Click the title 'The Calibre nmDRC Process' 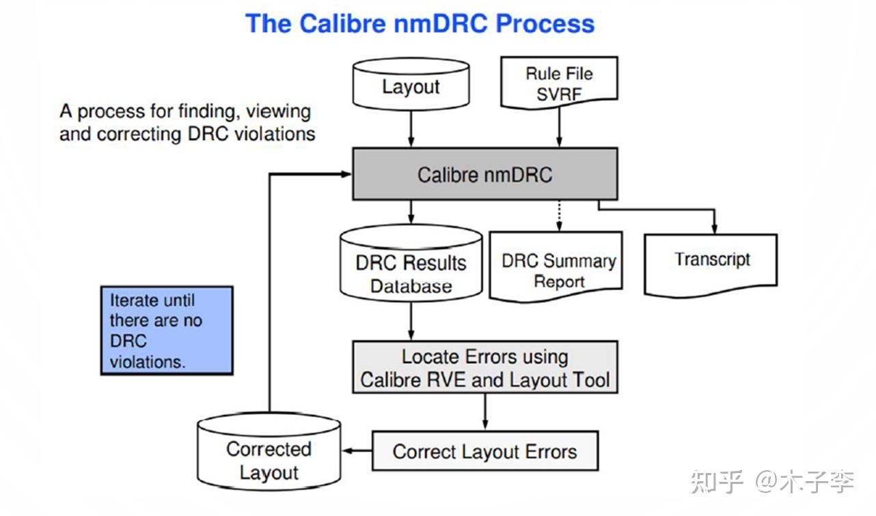coord(420,23)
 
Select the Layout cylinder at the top coord(411,87)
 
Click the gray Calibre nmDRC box coord(484,175)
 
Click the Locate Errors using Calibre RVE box coord(484,367)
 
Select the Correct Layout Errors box coord(484,451)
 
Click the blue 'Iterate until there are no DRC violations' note coord(167,330)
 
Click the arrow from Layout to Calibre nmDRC coord(411,130)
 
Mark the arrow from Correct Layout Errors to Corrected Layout coord(357,451)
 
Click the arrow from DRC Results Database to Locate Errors coord(411,321)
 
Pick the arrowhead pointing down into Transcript coord(715,227)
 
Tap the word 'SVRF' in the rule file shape coord(559,94)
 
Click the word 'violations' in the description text coord(275,134)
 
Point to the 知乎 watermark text coord(717,482)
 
